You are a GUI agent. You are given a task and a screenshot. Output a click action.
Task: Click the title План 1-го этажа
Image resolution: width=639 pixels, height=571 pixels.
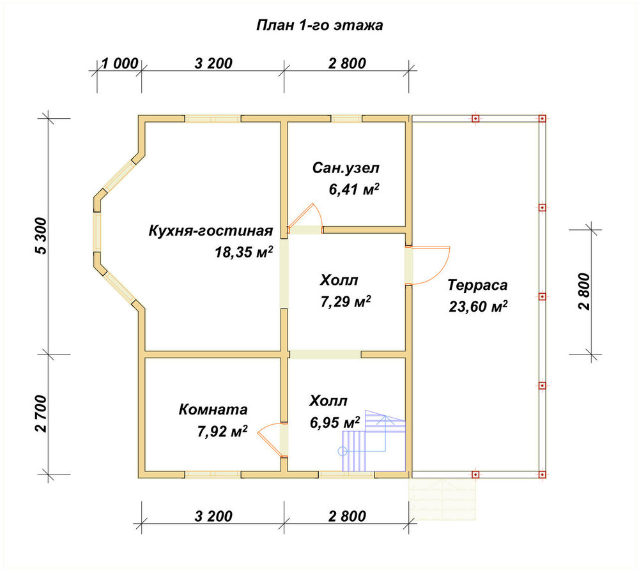pyautogui.click(x=319, y=26)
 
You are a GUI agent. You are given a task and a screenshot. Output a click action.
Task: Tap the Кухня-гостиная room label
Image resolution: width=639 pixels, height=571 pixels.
pyautogui.click(x=210, y=231)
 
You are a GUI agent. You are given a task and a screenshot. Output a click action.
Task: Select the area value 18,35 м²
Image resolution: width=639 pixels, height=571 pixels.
pyautogui.click(x=243, y=252)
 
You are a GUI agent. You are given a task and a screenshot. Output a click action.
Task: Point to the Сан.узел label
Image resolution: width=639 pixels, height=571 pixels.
pyautogui.click(x=346, y=168)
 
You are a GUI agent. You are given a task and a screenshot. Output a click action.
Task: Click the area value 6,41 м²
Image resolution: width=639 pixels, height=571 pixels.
pyautogui.click(x=354, y=190)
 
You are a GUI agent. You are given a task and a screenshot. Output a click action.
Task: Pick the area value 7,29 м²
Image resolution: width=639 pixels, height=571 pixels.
pyautogui.click(x=346, y=302)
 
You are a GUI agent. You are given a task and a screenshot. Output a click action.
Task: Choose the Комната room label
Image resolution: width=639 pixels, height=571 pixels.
pyautogui.click(x=213, y=409)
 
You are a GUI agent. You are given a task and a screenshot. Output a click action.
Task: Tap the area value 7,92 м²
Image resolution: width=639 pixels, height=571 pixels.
pyautogui.click(x=222, y=431)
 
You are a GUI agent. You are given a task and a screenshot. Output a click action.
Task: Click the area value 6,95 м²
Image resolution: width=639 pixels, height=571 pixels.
pyautogui.click(x=335, y=423)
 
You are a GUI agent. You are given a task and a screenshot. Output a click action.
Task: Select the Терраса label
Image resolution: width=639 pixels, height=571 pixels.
pyautogui.click(x=477, y=285)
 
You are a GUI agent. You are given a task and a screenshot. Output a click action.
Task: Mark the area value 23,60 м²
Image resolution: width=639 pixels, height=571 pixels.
pyautogui.click(x=478, y=307)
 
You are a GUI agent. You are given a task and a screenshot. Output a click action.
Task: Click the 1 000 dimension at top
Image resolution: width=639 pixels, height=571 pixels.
pyautogui.click(x=119, y=63)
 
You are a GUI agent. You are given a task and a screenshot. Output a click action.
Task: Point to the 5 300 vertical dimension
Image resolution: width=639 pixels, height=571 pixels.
pyautogui.click(x=41, y=236)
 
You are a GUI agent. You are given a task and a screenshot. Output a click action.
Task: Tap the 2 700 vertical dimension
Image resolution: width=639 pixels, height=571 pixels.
pyautogui.click(x=41, y=413)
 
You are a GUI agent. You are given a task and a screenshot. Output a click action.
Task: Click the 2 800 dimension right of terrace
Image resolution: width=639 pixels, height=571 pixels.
pyautogui.click(x=583, y=292)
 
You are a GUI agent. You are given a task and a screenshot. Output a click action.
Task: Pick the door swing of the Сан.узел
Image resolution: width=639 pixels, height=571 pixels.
pyautogui.click(x=312, y=212)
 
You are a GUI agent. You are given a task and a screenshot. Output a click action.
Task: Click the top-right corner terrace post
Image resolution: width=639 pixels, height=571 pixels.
pyautogui.click(x=542, y=119)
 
